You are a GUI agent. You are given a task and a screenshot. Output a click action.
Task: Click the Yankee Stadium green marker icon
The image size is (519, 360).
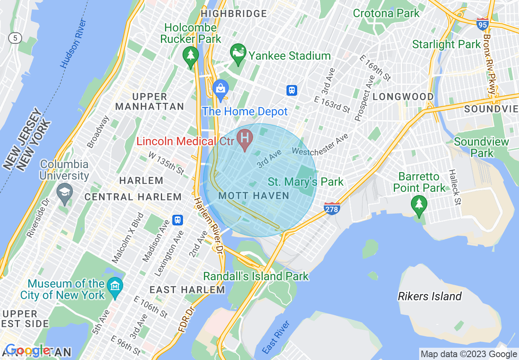click(x=238, y=53)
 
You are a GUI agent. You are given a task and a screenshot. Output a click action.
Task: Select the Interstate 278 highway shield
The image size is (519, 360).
click(x=331, y=209)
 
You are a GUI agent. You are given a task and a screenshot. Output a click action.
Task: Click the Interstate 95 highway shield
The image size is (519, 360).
click(x=482, y=24)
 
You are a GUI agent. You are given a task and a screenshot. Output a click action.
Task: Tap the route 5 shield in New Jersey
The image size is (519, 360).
click(x=15, y=38)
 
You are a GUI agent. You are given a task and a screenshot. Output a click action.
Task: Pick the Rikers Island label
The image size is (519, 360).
click(x=429, y=296)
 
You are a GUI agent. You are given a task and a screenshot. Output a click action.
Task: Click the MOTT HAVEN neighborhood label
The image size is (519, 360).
click(x=254, y=196)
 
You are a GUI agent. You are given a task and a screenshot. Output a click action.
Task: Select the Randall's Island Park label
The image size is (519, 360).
click(x=256, y=276)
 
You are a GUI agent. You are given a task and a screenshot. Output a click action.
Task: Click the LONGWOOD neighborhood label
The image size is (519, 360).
click(x=403, y=97)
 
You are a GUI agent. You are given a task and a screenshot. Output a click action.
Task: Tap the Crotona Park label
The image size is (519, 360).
click(x=386, y=13)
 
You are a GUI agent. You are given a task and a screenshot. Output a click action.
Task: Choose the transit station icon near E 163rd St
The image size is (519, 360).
click(x=291, y=90)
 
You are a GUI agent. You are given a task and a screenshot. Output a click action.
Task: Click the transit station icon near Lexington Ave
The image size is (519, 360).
click(x=177, y=220)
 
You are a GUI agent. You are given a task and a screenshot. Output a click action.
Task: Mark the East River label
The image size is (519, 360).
click(x=276, y=337)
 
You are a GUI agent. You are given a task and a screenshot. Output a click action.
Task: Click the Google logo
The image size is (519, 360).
click(x=28, y=351)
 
